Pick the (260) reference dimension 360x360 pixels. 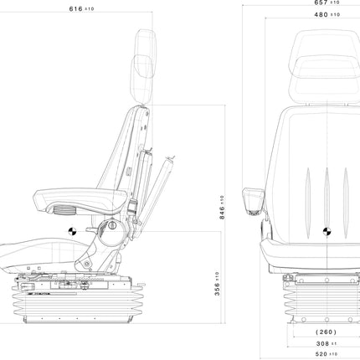(x=326, y=332)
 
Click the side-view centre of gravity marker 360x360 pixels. (x=72, y=231)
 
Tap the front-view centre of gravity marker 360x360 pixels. (x=327, y=231)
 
